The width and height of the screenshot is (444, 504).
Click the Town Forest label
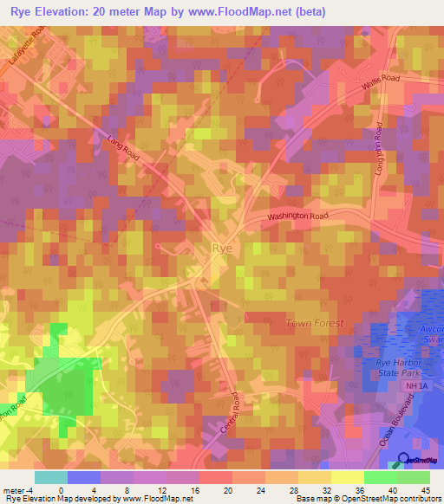pos(315,323)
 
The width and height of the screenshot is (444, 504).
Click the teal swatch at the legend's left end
pos(50,477)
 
